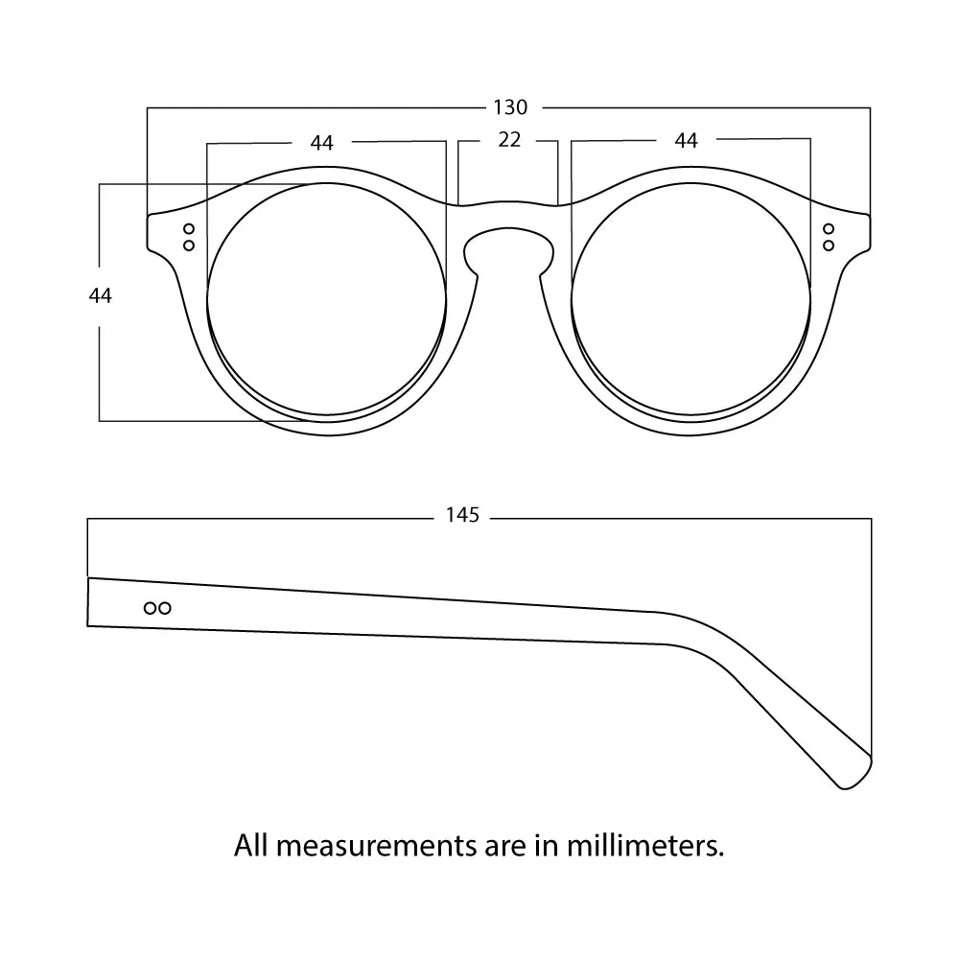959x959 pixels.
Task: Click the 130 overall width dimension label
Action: pos(510,106)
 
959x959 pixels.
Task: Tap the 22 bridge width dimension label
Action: pos(509,140)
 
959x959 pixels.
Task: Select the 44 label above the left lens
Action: pos(322,143)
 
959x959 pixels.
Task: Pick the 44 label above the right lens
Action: pos(686,141)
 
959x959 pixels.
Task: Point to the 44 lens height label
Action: pos(101,296)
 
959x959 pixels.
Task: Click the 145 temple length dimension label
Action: pos(462,516)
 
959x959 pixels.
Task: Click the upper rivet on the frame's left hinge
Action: pos(189,229)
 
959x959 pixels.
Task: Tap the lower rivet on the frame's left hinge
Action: pos(189,246)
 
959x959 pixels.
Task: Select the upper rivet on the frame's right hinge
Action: pos(829,229)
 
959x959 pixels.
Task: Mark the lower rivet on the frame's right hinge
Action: pos(829,246)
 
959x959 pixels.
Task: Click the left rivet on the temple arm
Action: pos(150,607)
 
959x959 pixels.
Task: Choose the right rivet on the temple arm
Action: pos(165,607)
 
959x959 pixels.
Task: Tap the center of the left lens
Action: pos(327,301)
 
